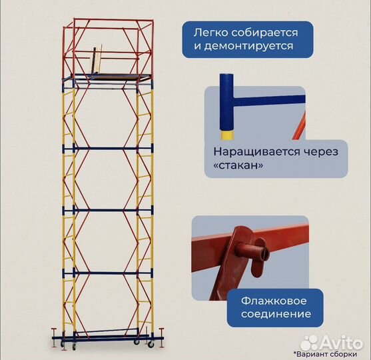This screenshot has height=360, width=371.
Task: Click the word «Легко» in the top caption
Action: tap(210, 32)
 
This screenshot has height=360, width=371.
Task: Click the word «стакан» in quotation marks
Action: tap(236, 166)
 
